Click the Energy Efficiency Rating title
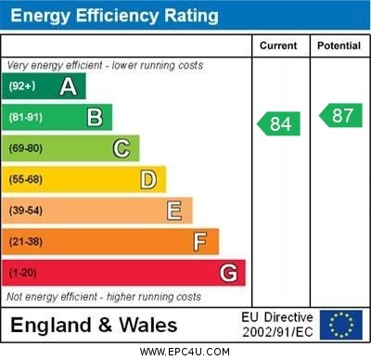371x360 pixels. [114, 16]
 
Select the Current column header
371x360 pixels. [278, 45]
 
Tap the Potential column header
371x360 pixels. [339, 45]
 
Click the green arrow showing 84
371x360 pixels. [279, 123]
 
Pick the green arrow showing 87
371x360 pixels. [340, 115]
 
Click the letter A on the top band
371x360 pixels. [68, 86]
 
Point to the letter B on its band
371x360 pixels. [94, 117]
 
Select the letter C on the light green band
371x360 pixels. [121, 148]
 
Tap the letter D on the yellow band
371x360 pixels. [147, 179]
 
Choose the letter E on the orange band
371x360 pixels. [173, 211]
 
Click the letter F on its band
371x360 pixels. [199, 242]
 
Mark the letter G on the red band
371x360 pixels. [227, 273]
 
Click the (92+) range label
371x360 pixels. [21, 86]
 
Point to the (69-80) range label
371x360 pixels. [26, 148]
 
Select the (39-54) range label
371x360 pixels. [26, 211]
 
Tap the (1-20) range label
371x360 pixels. [23, 273]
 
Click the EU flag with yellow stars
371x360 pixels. [340, 325]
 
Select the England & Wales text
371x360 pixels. [94, 326]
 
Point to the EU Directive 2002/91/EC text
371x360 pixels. [277, 325]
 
